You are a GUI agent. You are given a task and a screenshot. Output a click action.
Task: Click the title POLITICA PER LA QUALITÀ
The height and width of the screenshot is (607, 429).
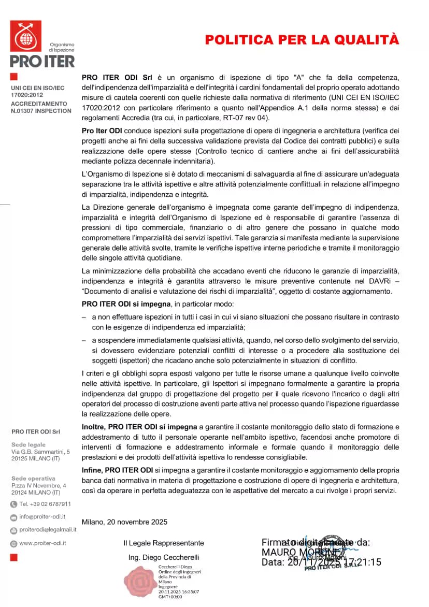(302, 40)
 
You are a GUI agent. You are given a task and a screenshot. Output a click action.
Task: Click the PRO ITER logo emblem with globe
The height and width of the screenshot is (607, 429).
(25, 36)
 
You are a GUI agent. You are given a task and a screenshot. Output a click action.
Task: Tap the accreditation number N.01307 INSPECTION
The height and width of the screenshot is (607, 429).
(41, 111)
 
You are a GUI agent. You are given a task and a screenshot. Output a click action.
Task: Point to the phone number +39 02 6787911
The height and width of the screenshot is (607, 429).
(45, 504)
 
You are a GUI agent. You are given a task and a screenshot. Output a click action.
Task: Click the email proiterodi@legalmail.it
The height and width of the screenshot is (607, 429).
(48, 529)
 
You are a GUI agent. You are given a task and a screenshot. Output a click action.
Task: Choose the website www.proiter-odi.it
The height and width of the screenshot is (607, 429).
(42, 543)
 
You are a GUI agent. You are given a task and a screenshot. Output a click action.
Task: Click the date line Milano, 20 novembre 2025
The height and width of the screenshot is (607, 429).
(124, 522)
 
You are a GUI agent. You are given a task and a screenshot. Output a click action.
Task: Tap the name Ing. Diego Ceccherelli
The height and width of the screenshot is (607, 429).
(164, 557)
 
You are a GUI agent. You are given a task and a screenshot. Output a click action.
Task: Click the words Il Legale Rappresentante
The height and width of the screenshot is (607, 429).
(164, 543)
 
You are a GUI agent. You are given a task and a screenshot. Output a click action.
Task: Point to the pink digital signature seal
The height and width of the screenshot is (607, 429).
(139, 582)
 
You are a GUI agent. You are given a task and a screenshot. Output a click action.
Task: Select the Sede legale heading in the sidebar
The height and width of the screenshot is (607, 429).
(28, 444)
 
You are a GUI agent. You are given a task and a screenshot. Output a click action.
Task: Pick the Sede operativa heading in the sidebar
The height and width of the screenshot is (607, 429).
(33, 478)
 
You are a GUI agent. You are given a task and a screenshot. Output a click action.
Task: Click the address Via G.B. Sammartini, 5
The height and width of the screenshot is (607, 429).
(40, 452)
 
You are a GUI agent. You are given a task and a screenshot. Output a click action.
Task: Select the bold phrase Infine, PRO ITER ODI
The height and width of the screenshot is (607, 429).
(117, 470)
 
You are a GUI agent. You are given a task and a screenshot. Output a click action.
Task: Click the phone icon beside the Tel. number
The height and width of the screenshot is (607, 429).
(13, 504)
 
